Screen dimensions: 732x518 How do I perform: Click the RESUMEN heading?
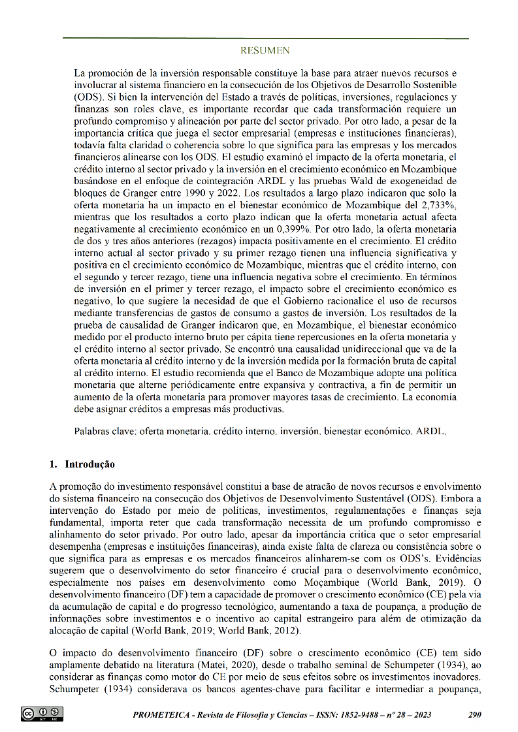[x=265, y=50]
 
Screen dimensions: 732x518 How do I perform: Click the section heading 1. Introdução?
[x=82, y=464]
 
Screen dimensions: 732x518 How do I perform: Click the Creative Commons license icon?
[x=42, y=714]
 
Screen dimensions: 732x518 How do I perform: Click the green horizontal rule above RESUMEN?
[x=265, y=39]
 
